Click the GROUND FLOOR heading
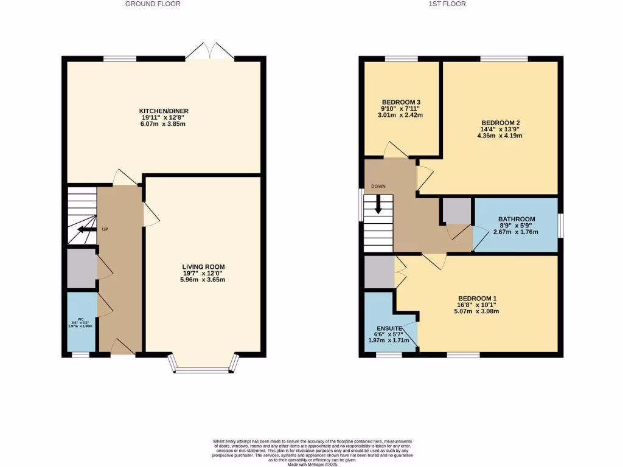153,4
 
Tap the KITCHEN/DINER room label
165,111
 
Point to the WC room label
80,319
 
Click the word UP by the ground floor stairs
105,229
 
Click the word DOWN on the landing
378,186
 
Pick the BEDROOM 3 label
401,102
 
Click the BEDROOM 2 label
500,122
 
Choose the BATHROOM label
517,220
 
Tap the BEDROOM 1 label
478,298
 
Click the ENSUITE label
389,328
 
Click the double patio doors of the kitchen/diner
209,52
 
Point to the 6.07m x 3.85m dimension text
164,124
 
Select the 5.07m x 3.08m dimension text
478,311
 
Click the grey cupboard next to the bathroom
458,211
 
